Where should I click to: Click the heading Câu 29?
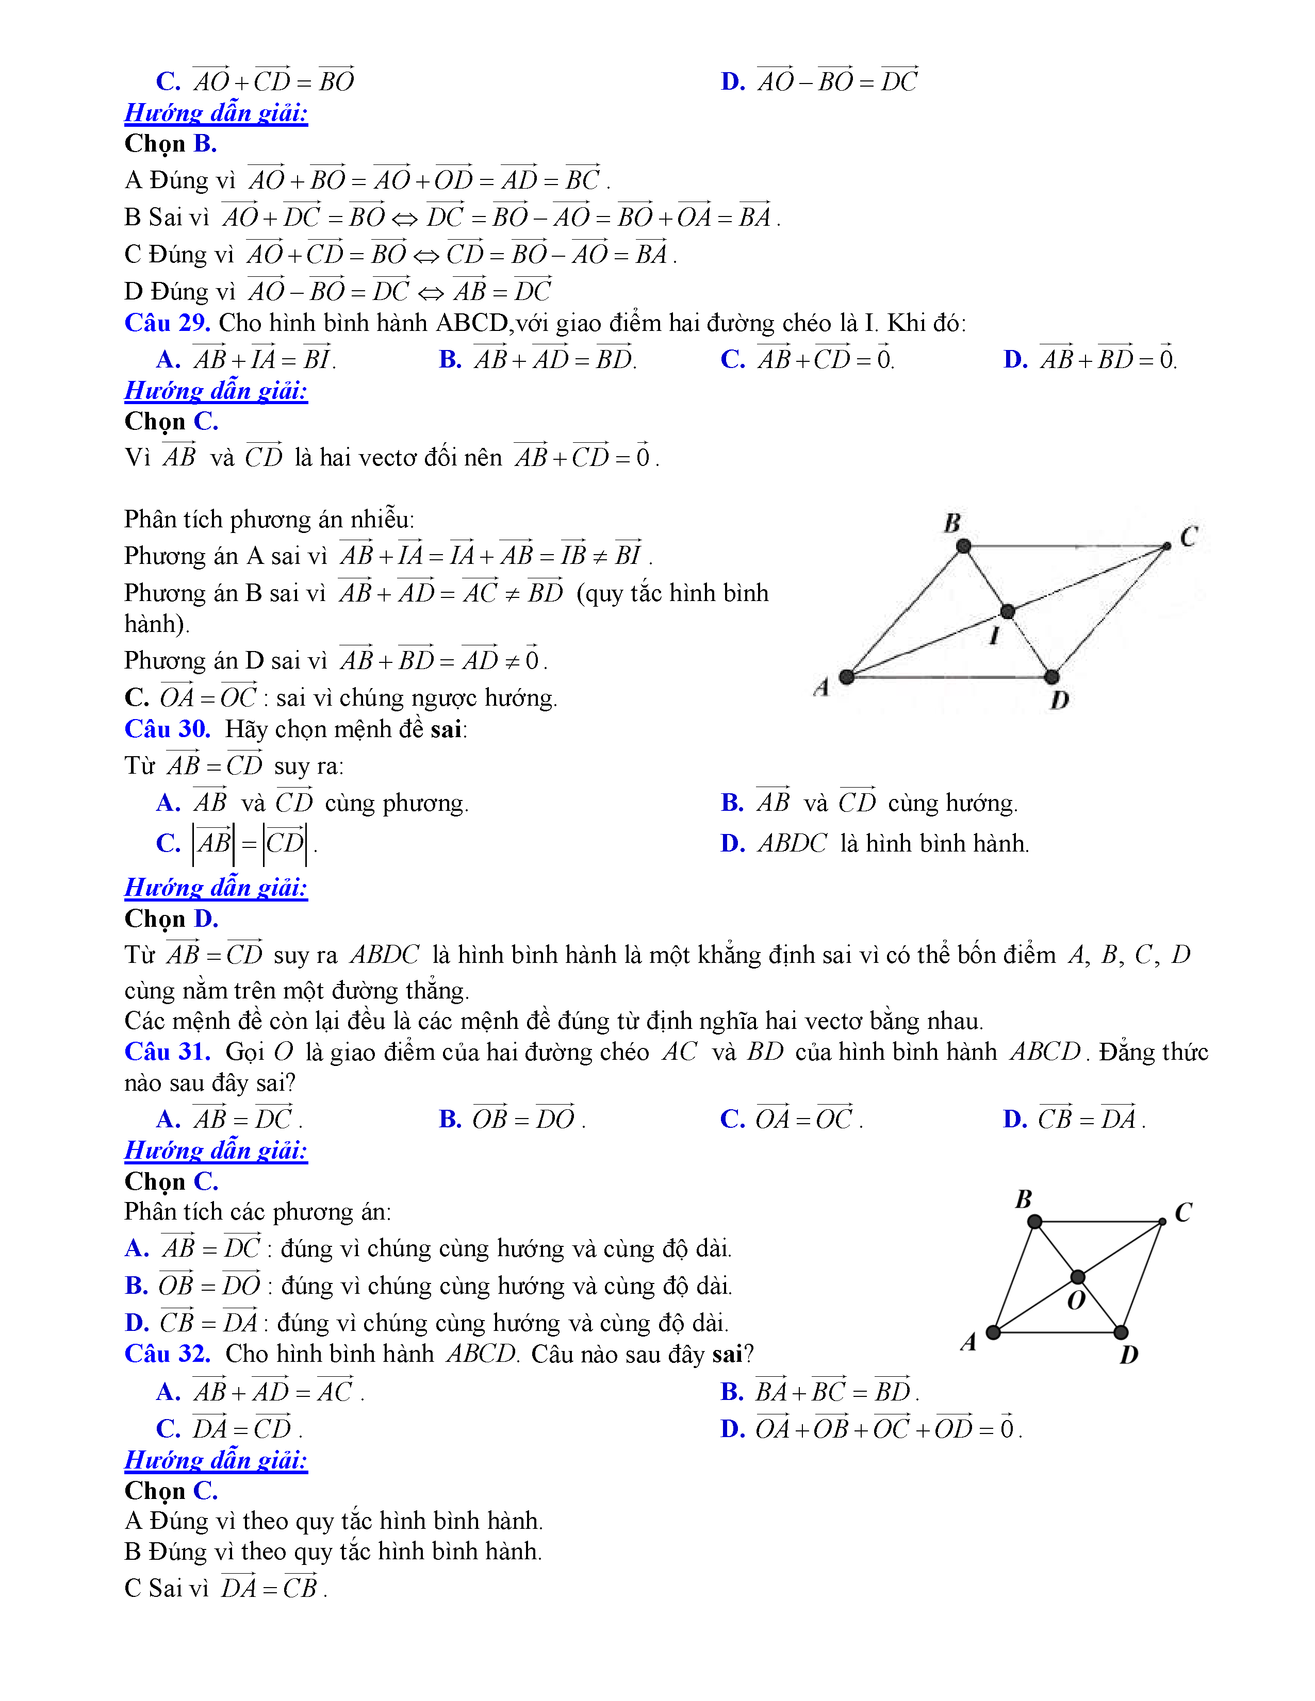[167, 323]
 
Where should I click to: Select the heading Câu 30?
[167, 729]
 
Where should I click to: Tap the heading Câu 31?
[167, 1052]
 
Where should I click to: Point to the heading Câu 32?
[167, 1354]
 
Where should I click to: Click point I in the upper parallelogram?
[1007, 611]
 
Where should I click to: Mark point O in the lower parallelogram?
[1077, 1277]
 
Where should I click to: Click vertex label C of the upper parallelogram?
[1188, 537]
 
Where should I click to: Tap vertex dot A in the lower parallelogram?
[993, 1332]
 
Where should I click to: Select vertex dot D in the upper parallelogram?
[1051, 676]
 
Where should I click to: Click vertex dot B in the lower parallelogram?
[1034, 1221]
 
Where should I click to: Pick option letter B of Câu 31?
[450, 1119]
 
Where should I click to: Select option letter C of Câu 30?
[168, 843]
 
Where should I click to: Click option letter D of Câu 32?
[732, 1429]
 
